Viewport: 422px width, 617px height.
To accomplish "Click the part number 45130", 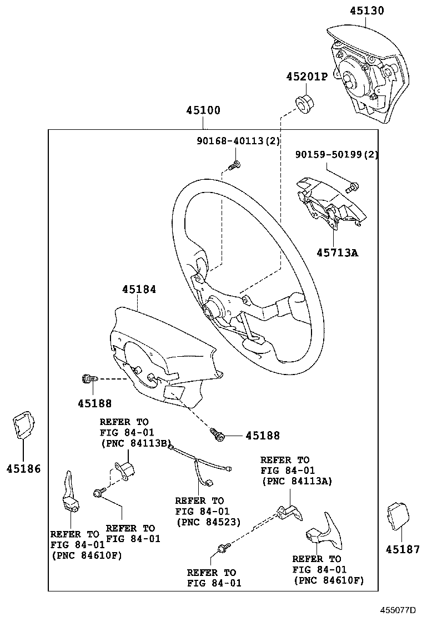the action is point(366,11).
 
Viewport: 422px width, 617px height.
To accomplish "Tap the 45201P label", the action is point(307,77).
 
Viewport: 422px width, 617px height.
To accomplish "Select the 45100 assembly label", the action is point(203,110).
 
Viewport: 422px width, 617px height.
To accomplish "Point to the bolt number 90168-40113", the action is point(230,140).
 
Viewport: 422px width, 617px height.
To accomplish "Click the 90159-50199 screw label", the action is point(328,155).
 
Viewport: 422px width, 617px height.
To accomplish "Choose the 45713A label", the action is point(338,252).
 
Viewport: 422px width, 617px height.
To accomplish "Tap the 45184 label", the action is point(139,290).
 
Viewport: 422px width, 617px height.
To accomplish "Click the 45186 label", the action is point(24,469).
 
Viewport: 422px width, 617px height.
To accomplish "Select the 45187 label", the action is point(403,549).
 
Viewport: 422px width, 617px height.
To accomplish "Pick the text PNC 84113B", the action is point(138,443).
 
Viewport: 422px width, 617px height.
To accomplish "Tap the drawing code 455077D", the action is point(398,610).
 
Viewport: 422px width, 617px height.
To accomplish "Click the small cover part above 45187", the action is point(398,515).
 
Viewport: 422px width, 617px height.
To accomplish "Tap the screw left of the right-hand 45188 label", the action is point(217,434).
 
